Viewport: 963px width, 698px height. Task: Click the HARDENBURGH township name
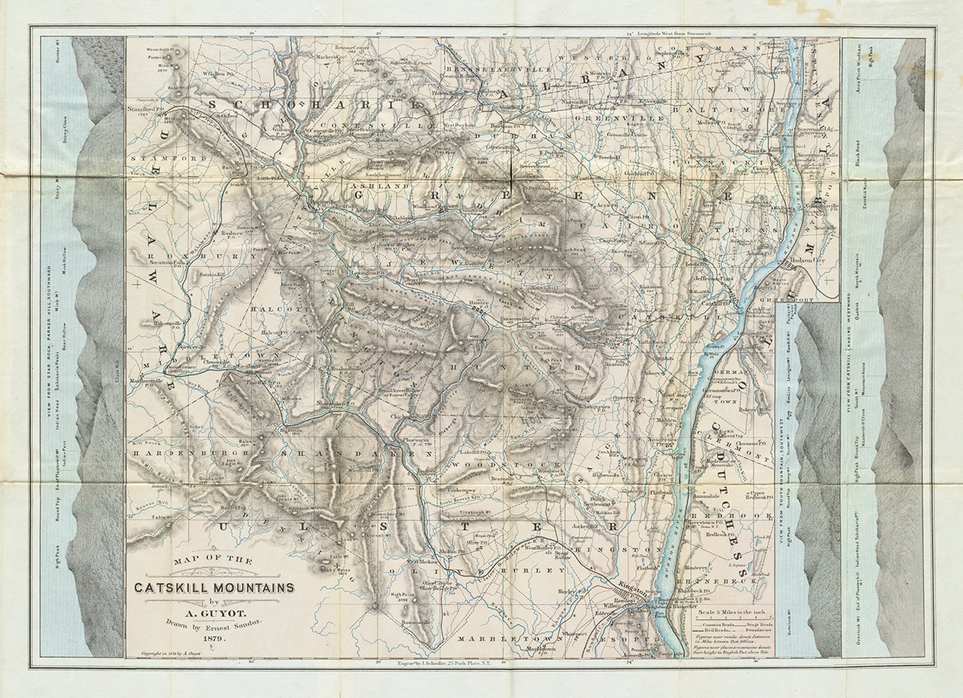[175, 453]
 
